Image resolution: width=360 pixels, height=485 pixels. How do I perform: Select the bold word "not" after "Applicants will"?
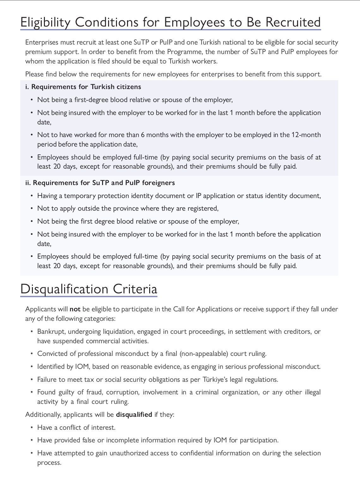75,309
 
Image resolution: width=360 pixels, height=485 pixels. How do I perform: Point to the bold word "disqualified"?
134,414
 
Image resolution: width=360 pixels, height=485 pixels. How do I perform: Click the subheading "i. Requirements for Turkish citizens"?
83,87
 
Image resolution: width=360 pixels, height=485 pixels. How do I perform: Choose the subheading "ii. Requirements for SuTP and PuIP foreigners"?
100,183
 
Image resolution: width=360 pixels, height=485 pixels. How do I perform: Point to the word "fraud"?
94,392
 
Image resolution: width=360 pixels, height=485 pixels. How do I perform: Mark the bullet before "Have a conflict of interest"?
32,428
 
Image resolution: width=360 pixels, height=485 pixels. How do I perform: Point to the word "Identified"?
51,367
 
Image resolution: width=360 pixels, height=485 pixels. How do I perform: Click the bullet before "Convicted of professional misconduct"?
32,354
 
